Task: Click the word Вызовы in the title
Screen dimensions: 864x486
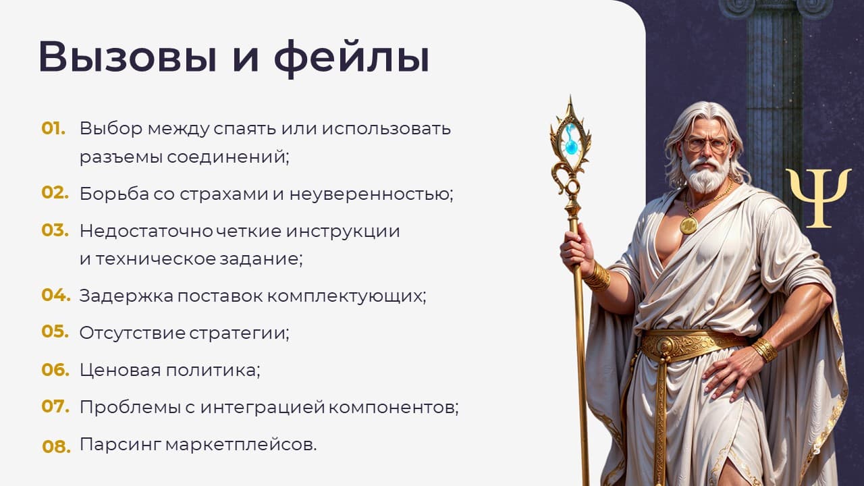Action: (x=128, y=57)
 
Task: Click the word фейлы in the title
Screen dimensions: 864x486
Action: (x=352, y=59)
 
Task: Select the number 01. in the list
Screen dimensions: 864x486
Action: (x=53, y=128)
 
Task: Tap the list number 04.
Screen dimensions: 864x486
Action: (x=56, y=295)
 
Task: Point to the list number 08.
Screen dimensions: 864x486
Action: (x=56, y=446)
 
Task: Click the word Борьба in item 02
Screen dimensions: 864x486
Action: (x=114, y=193)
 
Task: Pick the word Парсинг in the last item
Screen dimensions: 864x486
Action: (x=120, y=446)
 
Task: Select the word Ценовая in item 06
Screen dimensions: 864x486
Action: (x=120, y=371)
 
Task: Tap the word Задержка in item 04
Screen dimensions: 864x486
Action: (x=126, y=296)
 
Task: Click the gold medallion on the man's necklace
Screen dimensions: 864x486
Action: (x=688, y=225)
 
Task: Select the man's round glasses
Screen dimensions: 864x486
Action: (x=707, y=145)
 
